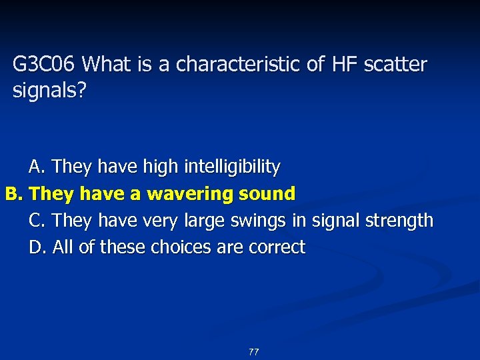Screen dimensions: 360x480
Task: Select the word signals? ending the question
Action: (49, 91)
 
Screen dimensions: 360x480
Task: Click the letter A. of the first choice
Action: (37, 166)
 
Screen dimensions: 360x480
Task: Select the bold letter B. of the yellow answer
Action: (15, 194)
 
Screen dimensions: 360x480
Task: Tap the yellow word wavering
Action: (189, 194)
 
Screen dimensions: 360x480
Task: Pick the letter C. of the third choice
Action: (37, 220)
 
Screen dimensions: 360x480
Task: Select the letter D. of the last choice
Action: (38, 247)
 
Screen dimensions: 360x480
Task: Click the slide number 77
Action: (253, 352)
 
